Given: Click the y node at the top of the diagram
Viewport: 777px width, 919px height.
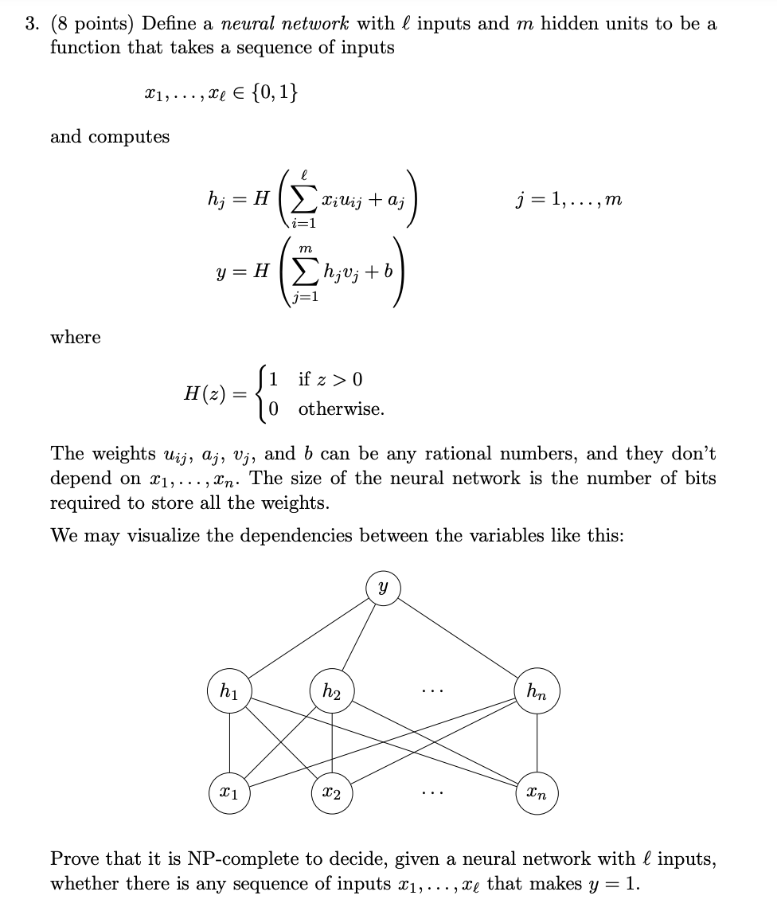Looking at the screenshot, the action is pyautogui.click(x=383, y=587).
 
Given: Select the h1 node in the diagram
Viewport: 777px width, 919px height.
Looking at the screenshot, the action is pyautogui.click(x=229, y=690).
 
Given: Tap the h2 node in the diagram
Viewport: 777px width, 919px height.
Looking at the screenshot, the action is pyautogui.click(x=332, y=690).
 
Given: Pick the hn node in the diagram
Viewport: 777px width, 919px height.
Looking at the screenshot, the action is pyautogui.click(x=537, y=690).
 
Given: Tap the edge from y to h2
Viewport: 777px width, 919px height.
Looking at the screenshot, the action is pyautogui.click(x=358, y=637).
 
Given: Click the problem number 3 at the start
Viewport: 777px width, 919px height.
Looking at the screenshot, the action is pyautogui.click(x=31, y=24).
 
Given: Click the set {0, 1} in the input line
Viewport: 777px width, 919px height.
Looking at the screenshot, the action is pyautogui.click(x=271, y=93).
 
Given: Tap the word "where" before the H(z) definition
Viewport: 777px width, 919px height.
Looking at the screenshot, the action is pyautogui.click(x=76, y=338).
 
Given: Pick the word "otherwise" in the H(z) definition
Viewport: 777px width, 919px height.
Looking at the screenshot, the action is pyautogui.click(x=341, y=409).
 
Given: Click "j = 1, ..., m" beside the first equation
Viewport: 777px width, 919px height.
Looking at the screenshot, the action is pyautogui.click(x=568, y=200).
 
